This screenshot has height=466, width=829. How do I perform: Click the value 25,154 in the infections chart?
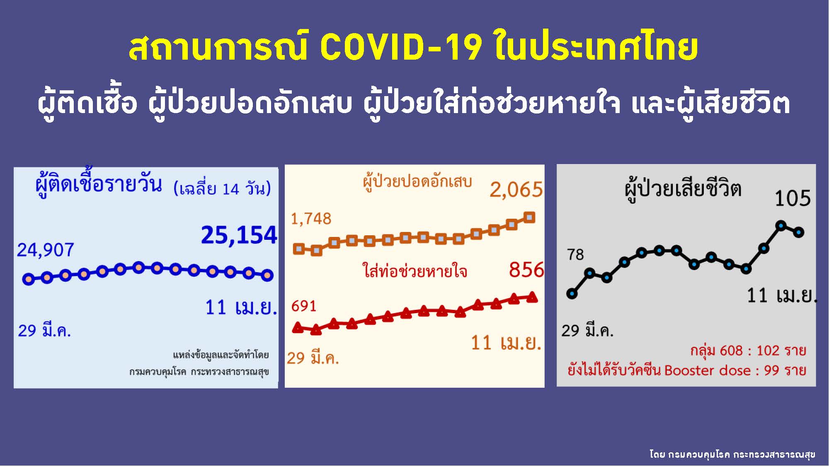click(239, 235)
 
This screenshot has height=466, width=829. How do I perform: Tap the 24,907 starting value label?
click(45, 250)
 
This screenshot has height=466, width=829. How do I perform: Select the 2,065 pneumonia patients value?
click(516, 190)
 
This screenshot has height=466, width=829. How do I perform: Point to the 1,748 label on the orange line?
click(311, 219)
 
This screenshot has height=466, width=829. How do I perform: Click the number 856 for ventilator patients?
click(526, 270)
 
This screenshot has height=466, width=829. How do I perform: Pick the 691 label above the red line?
click(303, 307)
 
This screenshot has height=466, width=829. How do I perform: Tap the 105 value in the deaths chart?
click(793, 198)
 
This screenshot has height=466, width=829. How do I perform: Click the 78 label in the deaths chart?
click(575, 255)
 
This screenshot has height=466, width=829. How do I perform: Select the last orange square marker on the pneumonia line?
click(529, 217)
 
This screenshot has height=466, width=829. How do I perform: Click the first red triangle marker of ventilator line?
click(298, 328)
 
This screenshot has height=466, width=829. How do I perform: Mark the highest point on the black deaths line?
click(781, 226)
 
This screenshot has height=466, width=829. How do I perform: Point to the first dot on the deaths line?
click(572, 294)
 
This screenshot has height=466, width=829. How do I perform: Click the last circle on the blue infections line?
click(267, 275)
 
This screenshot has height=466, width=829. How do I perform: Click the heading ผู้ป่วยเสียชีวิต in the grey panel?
click(683, 190)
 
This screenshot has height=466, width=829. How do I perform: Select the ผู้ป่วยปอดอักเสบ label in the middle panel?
click(417, 182)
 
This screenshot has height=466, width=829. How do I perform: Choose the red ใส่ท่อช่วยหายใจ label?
click(415, 271)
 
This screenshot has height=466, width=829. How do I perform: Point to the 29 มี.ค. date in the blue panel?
click(44, 331)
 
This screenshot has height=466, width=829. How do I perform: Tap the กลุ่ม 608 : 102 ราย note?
click(748, 351)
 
